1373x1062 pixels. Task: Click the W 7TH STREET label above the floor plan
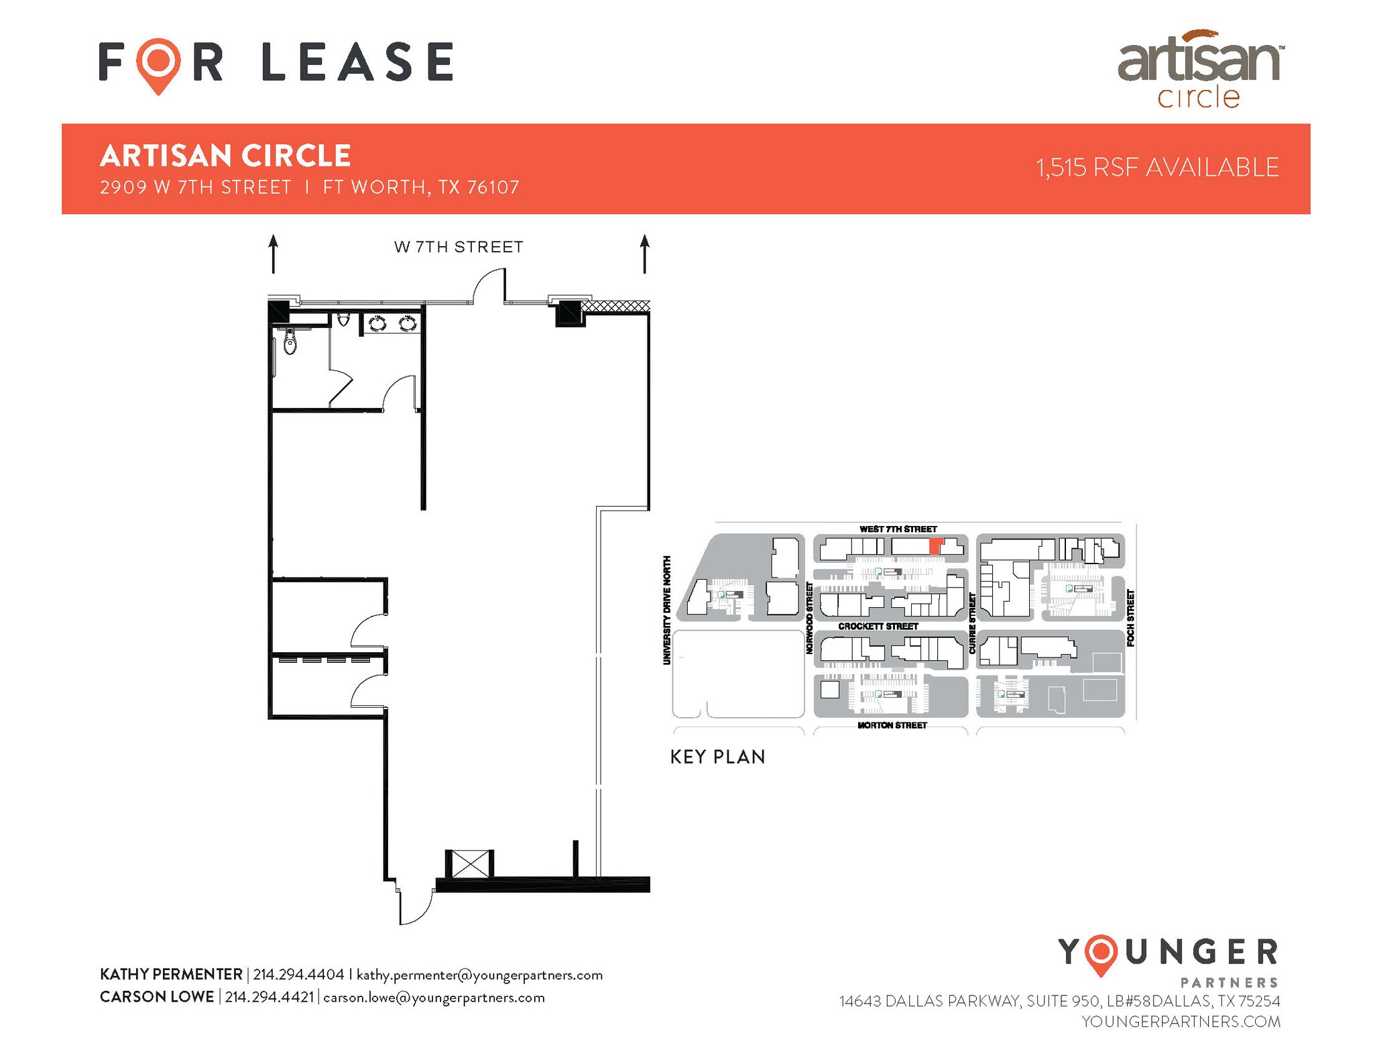coord(459,247)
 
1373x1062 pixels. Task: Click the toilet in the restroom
coord(290,342)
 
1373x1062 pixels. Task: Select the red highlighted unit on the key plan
coord(936,545)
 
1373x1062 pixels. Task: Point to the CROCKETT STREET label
coord(878,626)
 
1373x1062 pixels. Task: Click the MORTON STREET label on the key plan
coord(892,725)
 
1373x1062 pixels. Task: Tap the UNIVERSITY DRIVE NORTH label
coord(666,610)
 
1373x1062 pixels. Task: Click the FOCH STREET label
coord(1130,618)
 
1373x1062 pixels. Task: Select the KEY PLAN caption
coord(717,757)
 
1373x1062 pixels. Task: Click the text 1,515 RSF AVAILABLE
coord(1157,168)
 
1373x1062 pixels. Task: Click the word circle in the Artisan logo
coord(1199,98)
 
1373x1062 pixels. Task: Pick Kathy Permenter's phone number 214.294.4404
coord(298,975)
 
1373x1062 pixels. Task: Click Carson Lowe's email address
coord(434,998)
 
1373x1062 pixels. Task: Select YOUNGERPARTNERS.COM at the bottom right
coord(1181,1022)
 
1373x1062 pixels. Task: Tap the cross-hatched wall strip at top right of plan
coord(615,306)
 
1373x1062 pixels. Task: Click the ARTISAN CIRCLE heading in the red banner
coord(225,156)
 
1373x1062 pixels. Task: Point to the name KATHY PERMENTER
coord(171,975)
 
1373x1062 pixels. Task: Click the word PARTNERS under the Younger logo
coord(1229,983)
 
